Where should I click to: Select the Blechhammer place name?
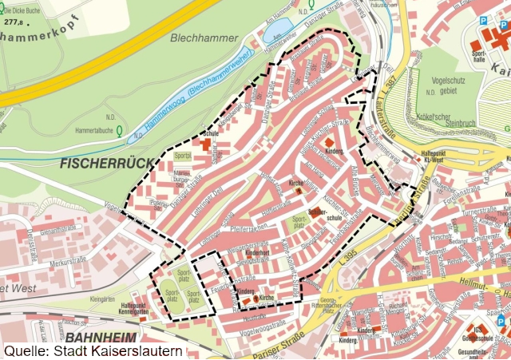204,37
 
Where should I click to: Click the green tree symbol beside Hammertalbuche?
119,129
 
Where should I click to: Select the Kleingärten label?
103,296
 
